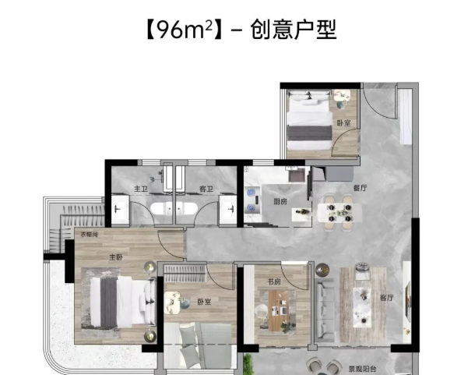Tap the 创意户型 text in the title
[x=294, y=30]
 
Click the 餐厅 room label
[x=361, y=188]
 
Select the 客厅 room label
[x=386, y=298]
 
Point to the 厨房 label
[x=280, y=202]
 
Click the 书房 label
[x=274, y=281]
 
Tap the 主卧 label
[x=116, y=257]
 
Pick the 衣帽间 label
[x=89, y=235]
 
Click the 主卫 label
[x=141, y=189]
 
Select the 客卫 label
[x=206, y=189]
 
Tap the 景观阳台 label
[x=363, y=370]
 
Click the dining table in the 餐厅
[x=340, y=213]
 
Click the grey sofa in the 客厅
[x=325, y=310]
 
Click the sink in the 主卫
[x=120, y=209]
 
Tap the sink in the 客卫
[x=228, y=209]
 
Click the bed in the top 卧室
[x=309, y=122]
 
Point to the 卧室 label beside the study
[x=205, y=302]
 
